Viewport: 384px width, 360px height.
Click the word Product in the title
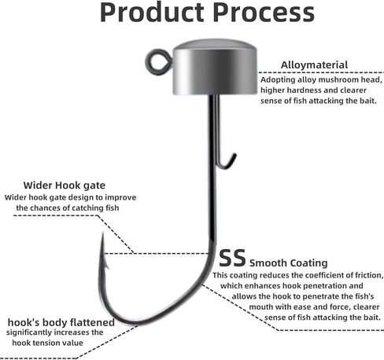click(x=152, y=13)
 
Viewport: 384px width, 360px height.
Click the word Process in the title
click(x=264, y=13)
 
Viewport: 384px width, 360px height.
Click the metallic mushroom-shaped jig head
click(x=215, y=67)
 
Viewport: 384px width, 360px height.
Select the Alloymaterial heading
click(x=314, y=65)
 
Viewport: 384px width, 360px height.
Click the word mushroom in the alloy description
click(x=341, y=79)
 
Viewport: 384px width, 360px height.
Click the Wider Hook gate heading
click(x=65, y=186)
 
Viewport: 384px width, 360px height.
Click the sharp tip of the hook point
click(x=103, y=233)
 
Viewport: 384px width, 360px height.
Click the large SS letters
click(x=232, y=258)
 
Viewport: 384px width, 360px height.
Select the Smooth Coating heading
click(x=289, y=263)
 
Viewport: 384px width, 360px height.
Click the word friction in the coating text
click(x=369, y=275)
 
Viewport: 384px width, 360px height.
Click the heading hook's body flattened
click(x=61, y=322)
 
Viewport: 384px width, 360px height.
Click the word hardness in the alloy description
click(x=305, y=90)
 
